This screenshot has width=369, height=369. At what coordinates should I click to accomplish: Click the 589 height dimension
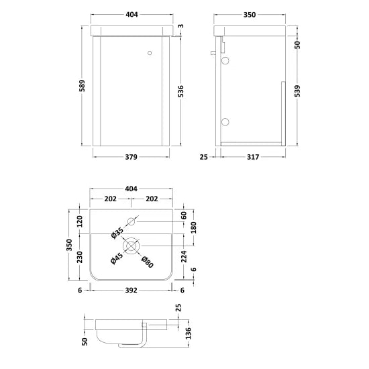pyautogui.click(x=82, y=86)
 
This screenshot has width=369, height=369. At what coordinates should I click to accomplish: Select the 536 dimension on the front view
pyautogui.click(x=180, y=91)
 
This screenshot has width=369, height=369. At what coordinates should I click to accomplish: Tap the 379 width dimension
pyautogui.click(x=131, y=157)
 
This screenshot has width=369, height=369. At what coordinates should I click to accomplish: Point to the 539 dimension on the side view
pyautogui.click(x=297, y=91)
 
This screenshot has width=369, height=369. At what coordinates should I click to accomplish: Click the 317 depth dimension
pyautogui.click(x=253, y=157)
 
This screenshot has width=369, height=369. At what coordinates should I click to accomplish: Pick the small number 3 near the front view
pyautogui.click(x=180, y=26)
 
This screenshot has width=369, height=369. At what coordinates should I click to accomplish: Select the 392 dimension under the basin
pyautogui.click(x=131, y=291)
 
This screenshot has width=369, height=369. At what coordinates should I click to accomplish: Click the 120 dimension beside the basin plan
pyautogui.click(x=80, y=221)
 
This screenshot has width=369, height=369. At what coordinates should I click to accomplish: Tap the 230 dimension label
pyautogui.click(x=80, y=257)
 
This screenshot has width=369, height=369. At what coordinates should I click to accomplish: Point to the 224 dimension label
pyautogui.click(x=184, y=256)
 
